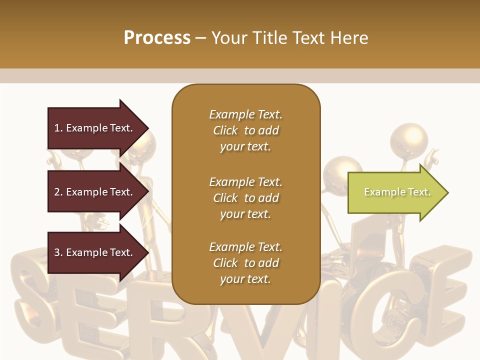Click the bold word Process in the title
(157, 38)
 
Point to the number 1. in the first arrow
(58, 128)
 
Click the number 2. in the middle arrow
(58, 192)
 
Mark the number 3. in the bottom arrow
(58, 252)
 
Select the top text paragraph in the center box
(245, 130)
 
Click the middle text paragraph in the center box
(245, 198)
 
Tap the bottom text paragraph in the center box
(245, 263)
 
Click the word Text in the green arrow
(419, 192)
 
